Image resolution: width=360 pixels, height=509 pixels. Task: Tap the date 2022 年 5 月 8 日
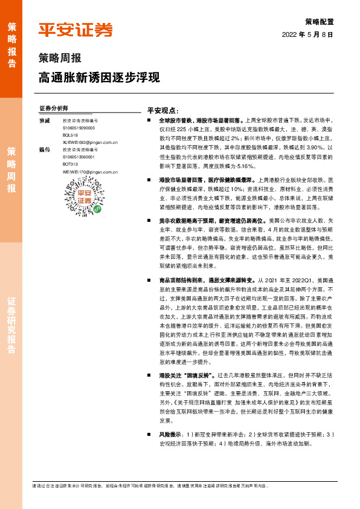click(307, 34)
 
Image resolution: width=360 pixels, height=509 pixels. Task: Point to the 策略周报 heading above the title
click(60, 59)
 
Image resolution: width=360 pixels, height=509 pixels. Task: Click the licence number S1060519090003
click(79, 128)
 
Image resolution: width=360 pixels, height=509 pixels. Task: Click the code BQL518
click(70, 136)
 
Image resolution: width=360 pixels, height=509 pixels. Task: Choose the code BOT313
click(70, 164)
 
